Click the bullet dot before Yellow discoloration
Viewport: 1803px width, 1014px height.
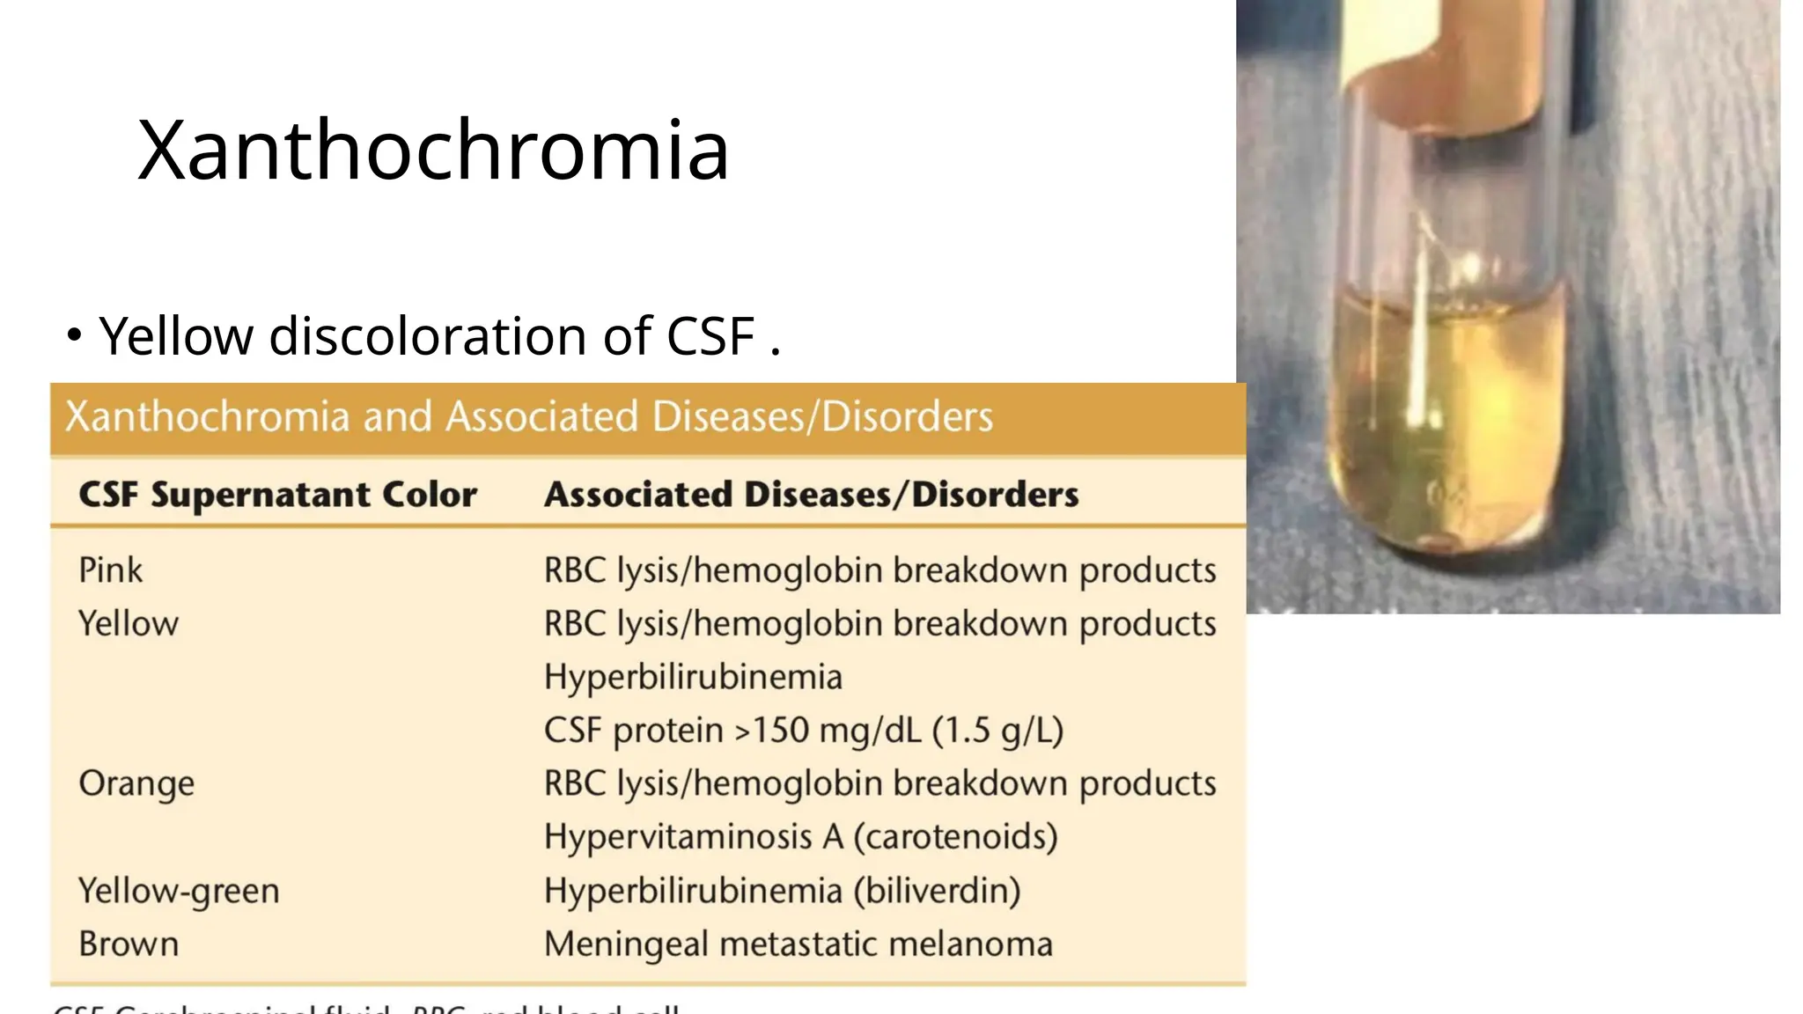[75, 335]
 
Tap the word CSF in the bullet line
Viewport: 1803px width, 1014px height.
[710, 336]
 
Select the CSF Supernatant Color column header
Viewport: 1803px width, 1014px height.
[277, 494]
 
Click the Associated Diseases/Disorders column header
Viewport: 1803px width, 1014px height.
[811, 494]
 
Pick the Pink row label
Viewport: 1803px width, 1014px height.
[110, 570]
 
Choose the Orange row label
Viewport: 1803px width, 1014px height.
[136, 783]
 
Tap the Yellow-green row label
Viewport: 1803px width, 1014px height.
[179, 891]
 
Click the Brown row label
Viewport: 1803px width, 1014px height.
[129, 944]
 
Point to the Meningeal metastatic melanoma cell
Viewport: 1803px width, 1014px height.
[798, 944]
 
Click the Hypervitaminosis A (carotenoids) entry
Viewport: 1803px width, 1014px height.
[800, 837]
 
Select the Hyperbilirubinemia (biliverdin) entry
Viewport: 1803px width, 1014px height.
[782, 891]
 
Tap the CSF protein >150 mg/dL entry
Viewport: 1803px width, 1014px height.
[803, 731]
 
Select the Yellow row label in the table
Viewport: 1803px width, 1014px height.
[129, 624]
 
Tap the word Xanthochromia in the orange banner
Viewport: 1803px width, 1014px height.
[208, 416]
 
